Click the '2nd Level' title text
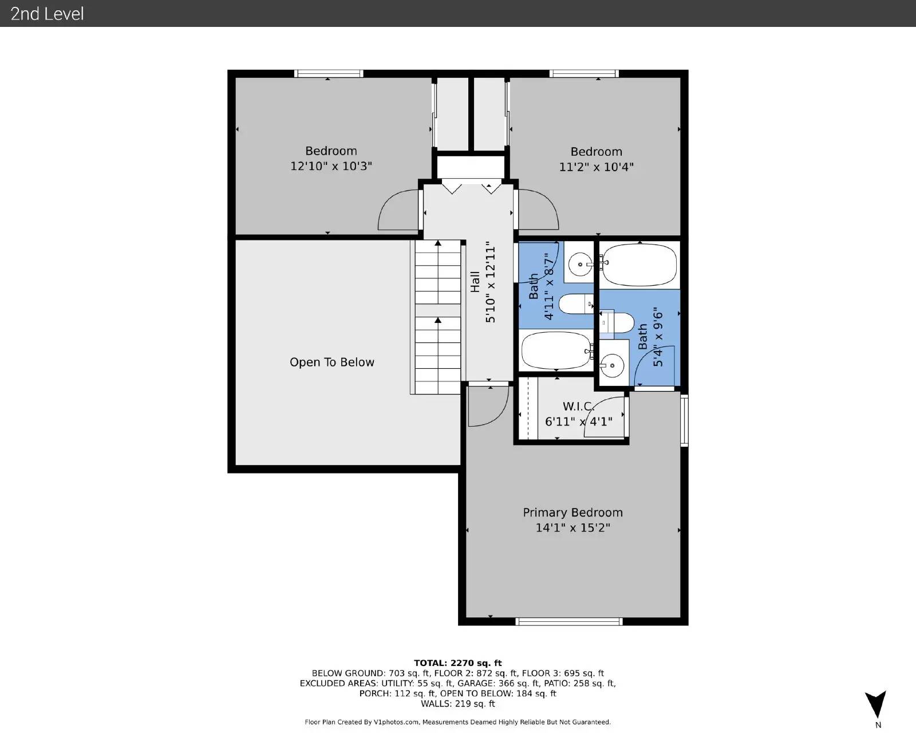pyautogui.click(x=47, y=13)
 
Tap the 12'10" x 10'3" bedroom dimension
pyautogui.click(x=331, y=167)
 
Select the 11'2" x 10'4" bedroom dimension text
pyautogui.click(x=596, y=167)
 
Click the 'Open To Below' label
pyautogui.click(x=331, y=362)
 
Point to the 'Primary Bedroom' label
pyautogui.click(x=572, y=513)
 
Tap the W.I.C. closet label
pyautogui.click(x=578, y=407)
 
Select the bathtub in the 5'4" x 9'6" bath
pyautogui.click(x=639, y=265)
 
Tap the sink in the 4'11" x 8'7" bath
pyautogui.click(x=581, y=265)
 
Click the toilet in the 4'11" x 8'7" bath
pyautogui.click(x=576, y=304)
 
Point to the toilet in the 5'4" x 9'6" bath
pyautogui.click(x=617, y=323)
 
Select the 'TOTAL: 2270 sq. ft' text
pyautogui.click(x=457, y=663)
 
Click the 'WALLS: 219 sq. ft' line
pyautogui.click(x=457, y=704)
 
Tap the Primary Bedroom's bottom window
pyautogui.click(x=568, y=621)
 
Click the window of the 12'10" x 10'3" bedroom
pyautogui.click(x=329, y=73)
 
